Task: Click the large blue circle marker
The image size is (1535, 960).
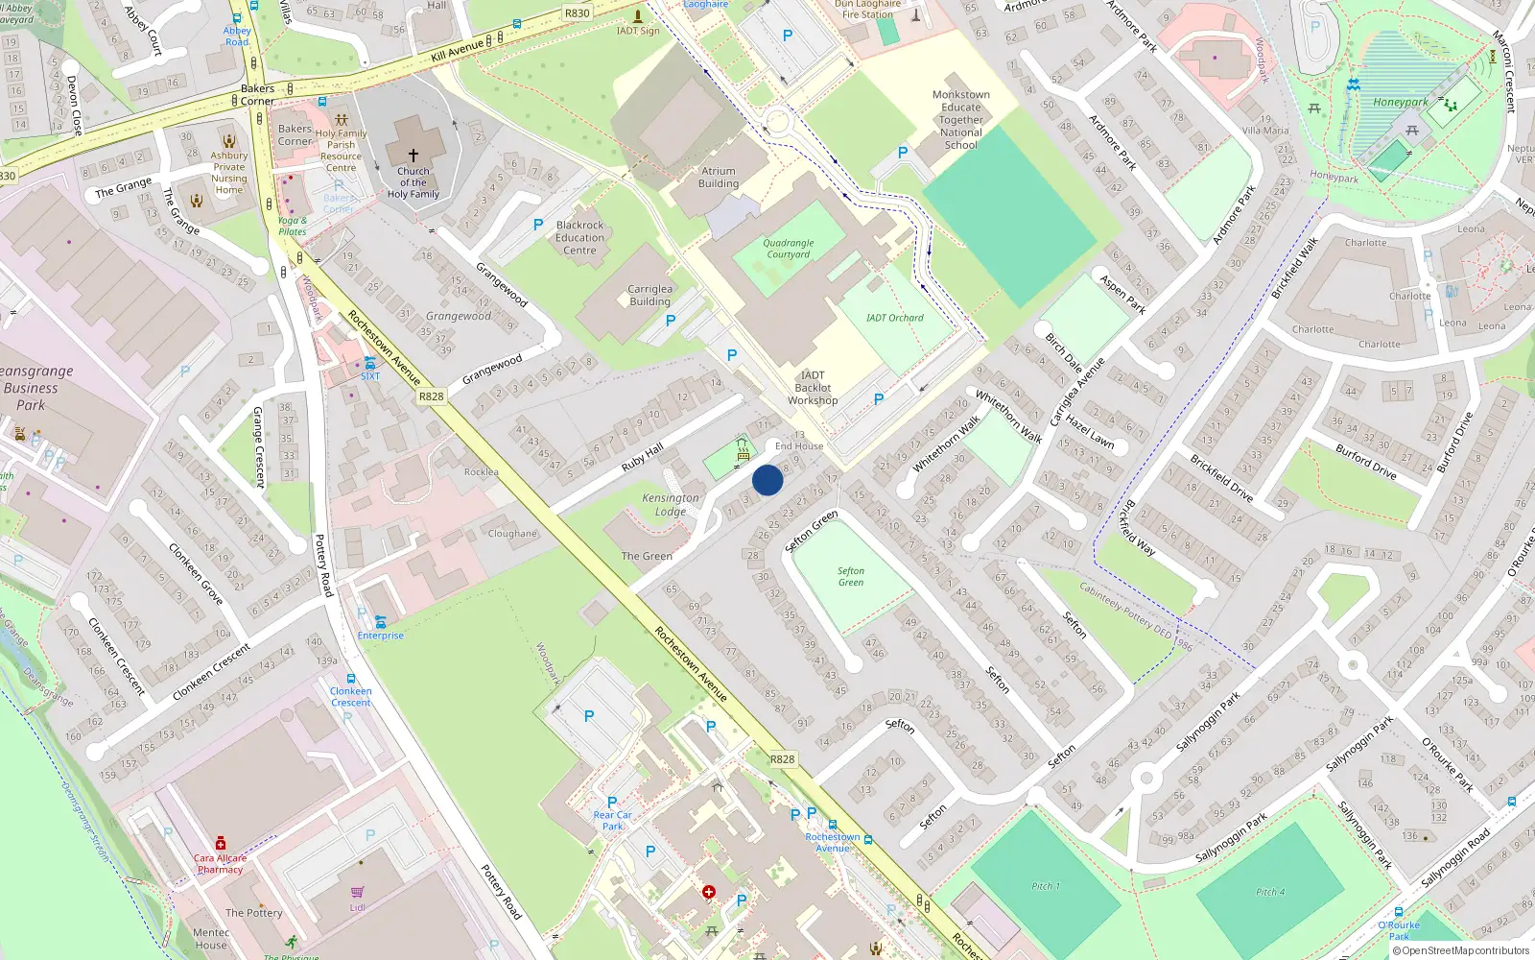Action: (x=767, y=480)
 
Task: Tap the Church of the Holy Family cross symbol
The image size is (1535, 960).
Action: (x=413, y=155)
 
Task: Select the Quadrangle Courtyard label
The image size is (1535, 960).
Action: (x=789, y=249)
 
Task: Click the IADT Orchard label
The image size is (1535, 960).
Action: (x=894, y=318)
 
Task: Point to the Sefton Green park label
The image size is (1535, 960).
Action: (x=851, y=577)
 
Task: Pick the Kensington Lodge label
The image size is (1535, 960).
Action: (x=671, y=505)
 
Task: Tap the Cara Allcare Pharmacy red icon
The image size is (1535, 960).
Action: (x=221, y=843)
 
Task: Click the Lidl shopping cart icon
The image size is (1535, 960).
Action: (x=358, y=892)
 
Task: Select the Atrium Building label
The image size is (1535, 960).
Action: (x=719, y=178)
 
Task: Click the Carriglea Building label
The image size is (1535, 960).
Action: (x=650, y=295)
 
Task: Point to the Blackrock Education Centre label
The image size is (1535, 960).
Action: (x=580, y=237)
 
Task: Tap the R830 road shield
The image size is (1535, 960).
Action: (x=578, y=13)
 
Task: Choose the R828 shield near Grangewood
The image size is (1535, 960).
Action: (x=432, y=396)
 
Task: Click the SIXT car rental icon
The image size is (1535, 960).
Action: (x=370, y=362)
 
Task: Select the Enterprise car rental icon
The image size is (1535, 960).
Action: (x=381, y=621)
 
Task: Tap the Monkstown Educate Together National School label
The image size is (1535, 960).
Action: (x=961, y=120)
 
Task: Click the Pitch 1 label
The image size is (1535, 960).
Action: (x=1046, y=886)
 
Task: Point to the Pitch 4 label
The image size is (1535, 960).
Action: (x=1270, y=892)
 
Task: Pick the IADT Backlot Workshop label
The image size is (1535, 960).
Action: (x=813, y=388)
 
